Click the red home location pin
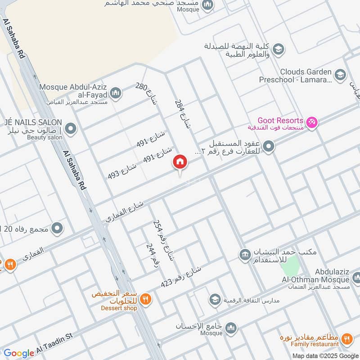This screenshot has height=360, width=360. coord(180,162)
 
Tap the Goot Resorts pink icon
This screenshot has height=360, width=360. coord(311,122)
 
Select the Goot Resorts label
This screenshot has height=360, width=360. coord(280,121)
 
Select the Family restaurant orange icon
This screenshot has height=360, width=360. coord(346,339)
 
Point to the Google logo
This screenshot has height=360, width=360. coord(19,353)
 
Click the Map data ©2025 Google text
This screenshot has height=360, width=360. coord(329,355)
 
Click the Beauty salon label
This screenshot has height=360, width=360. coord(45,137)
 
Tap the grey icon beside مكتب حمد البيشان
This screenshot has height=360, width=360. coord(244,255)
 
